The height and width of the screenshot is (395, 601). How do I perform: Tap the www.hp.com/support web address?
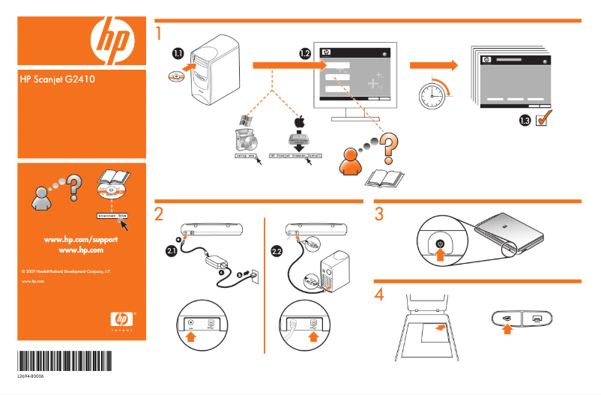point(82,238)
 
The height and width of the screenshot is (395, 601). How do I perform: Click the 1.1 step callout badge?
point(178,53)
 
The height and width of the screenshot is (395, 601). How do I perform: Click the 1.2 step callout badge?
point(304,53)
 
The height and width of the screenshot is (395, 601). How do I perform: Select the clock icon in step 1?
point(433,94)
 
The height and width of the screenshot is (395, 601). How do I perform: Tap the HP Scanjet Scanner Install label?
point(295,156)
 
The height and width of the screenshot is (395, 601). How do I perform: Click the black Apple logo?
point(299,121)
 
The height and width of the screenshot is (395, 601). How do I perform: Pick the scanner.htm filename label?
point(112,215)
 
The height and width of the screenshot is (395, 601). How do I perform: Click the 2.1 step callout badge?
point(171,251)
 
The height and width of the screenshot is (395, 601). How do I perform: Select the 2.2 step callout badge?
point(277,251)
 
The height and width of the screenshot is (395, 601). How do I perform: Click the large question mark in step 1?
point(388,147)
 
